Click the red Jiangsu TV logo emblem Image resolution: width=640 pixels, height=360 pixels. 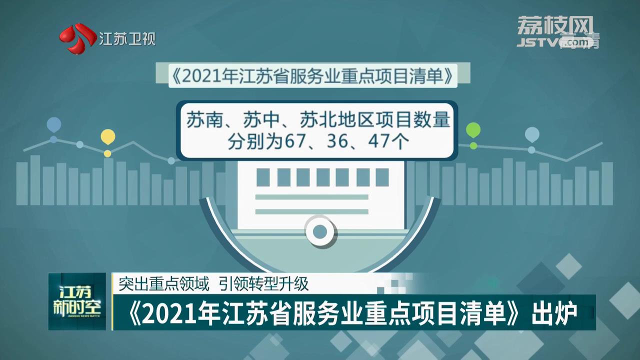tap(77, 38)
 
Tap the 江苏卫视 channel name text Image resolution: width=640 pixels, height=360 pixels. tap(127, 39)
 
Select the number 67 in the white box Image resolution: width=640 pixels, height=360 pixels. tap(295, 141)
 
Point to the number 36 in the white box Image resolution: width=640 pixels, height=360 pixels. tap(337, 141)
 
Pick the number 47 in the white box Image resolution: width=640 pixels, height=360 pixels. tap(379, 141)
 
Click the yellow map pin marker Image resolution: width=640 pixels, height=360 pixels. tap(107, 136)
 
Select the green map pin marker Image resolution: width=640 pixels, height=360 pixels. tap(473, 130)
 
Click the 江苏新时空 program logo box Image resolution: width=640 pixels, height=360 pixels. tap(77, 301)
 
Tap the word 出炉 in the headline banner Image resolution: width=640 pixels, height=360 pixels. tap(554, 314)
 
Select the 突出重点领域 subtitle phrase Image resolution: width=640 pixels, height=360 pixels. tap(164, 283)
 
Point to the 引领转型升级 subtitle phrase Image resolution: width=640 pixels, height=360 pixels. tap(263, 283)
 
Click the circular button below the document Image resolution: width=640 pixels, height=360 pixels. tap(320, 231)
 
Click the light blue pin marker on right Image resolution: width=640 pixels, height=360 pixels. tap(532, 134)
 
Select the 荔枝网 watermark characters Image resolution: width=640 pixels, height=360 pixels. tap(555, 25)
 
